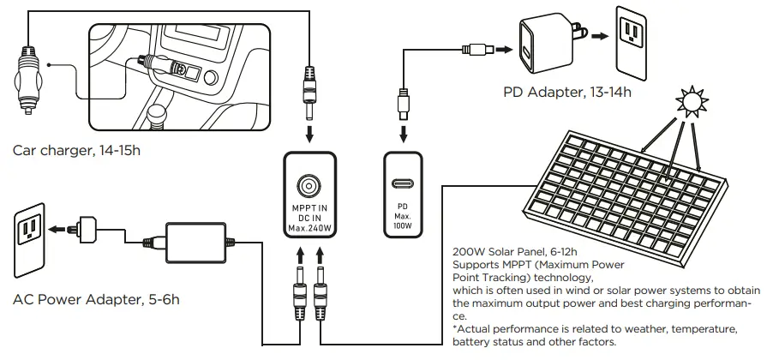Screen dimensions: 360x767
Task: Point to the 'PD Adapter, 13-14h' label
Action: tap(568, 92)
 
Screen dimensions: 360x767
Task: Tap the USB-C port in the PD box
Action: tap(402, 183)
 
